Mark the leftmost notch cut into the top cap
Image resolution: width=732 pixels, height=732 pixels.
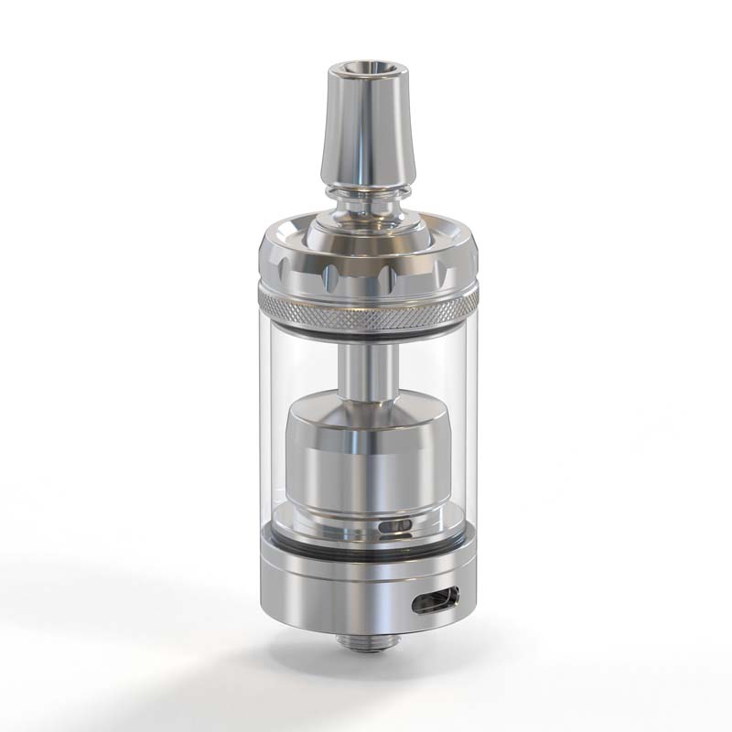[x=274, y=268]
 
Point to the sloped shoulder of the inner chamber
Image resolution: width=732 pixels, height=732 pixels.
[x=366, y=409]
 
